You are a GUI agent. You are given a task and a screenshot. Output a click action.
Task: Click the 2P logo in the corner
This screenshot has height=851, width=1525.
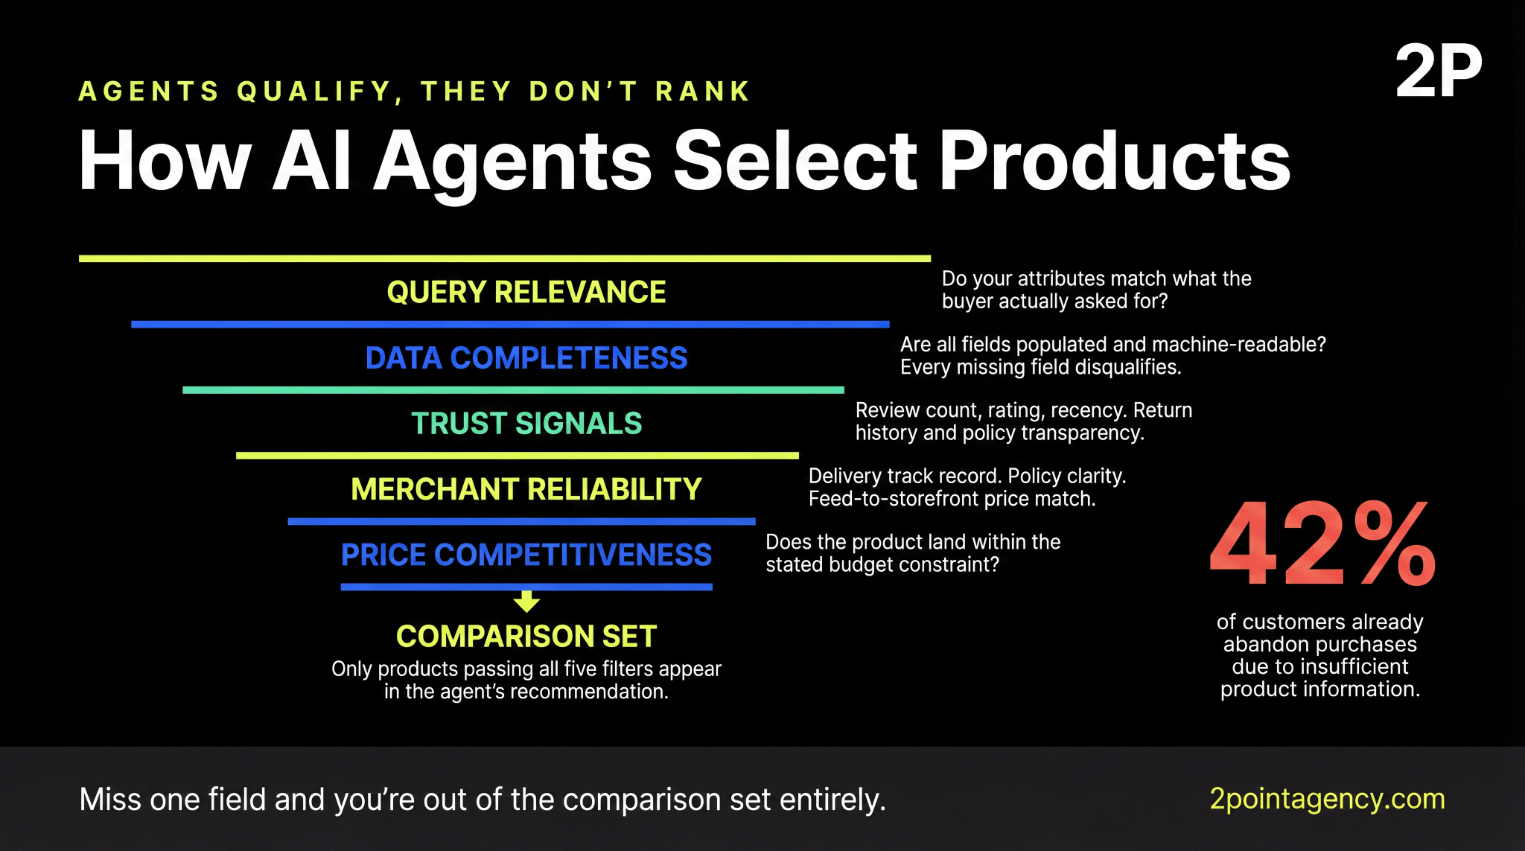[1438, 71]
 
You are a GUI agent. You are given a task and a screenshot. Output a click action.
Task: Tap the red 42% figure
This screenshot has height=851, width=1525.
[1322, 544]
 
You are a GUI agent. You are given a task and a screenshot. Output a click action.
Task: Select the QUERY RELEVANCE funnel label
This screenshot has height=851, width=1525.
[526, 292]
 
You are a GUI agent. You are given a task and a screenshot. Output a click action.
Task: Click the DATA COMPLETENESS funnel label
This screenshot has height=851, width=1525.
[526, 358]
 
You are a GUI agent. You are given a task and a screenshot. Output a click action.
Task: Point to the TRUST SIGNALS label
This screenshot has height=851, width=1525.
[526, 424]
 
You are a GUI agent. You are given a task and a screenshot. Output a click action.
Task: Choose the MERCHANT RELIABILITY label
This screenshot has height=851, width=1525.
[526, 489]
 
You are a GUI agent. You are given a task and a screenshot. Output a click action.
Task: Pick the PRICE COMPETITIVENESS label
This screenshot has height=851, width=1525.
[526, 555]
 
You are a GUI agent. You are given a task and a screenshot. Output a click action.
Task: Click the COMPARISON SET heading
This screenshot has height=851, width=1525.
[526, 636]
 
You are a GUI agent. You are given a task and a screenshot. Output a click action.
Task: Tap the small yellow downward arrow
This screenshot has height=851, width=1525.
[526, 601]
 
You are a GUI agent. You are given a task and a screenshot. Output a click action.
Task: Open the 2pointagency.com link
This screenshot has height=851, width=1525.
[1327, 798]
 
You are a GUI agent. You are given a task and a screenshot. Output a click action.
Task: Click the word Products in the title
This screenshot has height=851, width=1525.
[1114, 161]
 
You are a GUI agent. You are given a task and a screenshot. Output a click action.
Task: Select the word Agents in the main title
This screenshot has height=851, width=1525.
[512, 161]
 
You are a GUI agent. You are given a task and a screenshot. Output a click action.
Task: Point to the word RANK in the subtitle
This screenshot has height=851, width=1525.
[702, 91]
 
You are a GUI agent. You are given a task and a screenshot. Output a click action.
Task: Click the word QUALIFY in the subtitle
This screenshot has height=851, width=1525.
[314, 91]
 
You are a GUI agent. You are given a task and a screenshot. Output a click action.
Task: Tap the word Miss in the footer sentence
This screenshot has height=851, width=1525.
[110, 800]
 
